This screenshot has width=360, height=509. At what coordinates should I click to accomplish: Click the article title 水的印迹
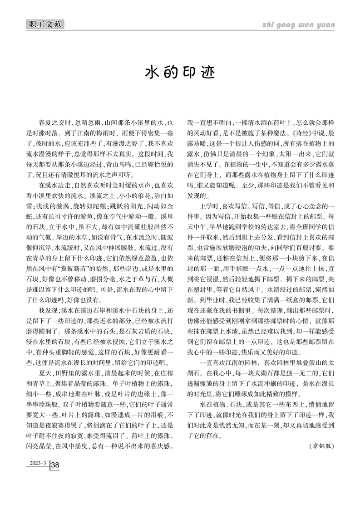[180, 72]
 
